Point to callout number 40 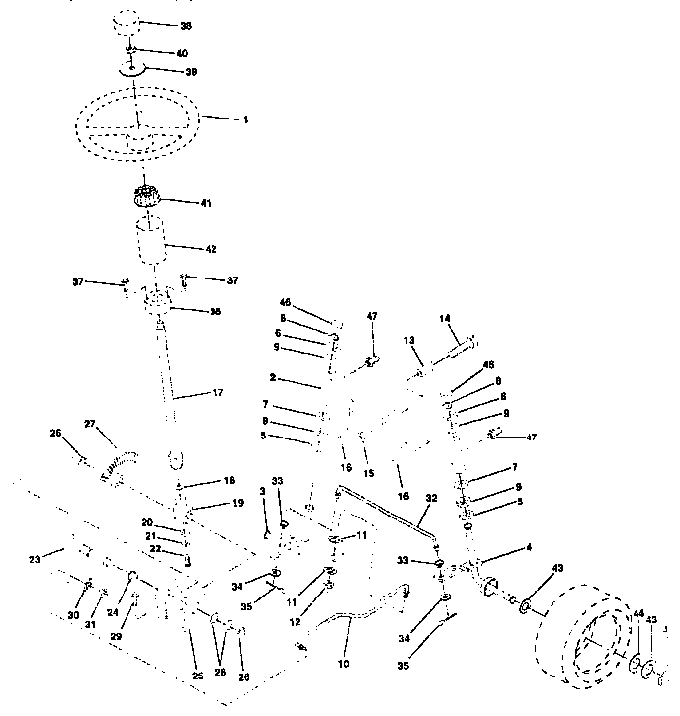(182, 52)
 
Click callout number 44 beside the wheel (637, 614)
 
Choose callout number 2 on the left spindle (271, 377)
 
